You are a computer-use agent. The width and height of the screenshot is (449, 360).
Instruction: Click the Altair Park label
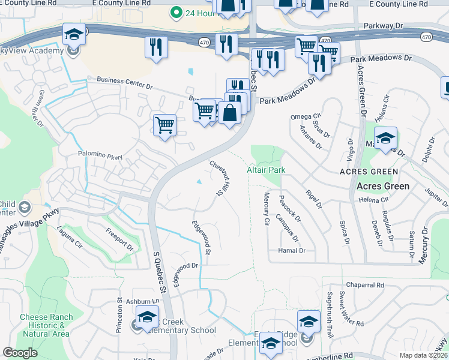tap(266, 170)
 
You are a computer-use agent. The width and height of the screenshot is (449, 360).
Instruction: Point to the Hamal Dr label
tap(292, 250)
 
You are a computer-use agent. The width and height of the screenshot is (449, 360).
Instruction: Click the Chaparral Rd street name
tap(364, 285)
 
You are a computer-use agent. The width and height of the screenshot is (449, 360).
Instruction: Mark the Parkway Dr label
tap(384, 27)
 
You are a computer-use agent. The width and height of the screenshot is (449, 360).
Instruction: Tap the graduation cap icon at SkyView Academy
tap(74, 34)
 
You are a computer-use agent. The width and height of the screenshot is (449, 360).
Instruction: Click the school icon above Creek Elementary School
tap(147, 317)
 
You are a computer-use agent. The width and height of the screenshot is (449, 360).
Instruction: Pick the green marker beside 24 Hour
tap(176, 11)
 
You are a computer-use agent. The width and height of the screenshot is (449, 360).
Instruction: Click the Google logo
tap(20, 353)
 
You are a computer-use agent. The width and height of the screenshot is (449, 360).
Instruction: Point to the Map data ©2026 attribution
tap(423, 355)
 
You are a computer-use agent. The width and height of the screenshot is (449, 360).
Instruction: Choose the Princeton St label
tap(119, 316)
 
